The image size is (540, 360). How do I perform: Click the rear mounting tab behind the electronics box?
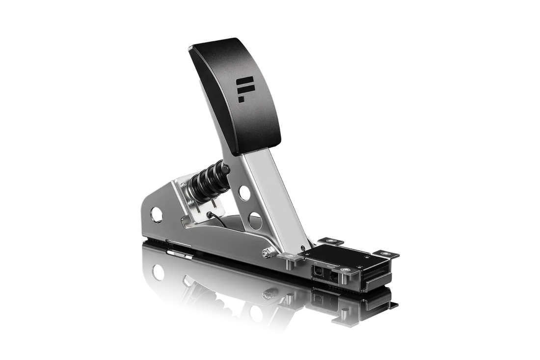pos(328,241)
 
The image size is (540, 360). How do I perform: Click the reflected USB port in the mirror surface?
pos(318,297)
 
